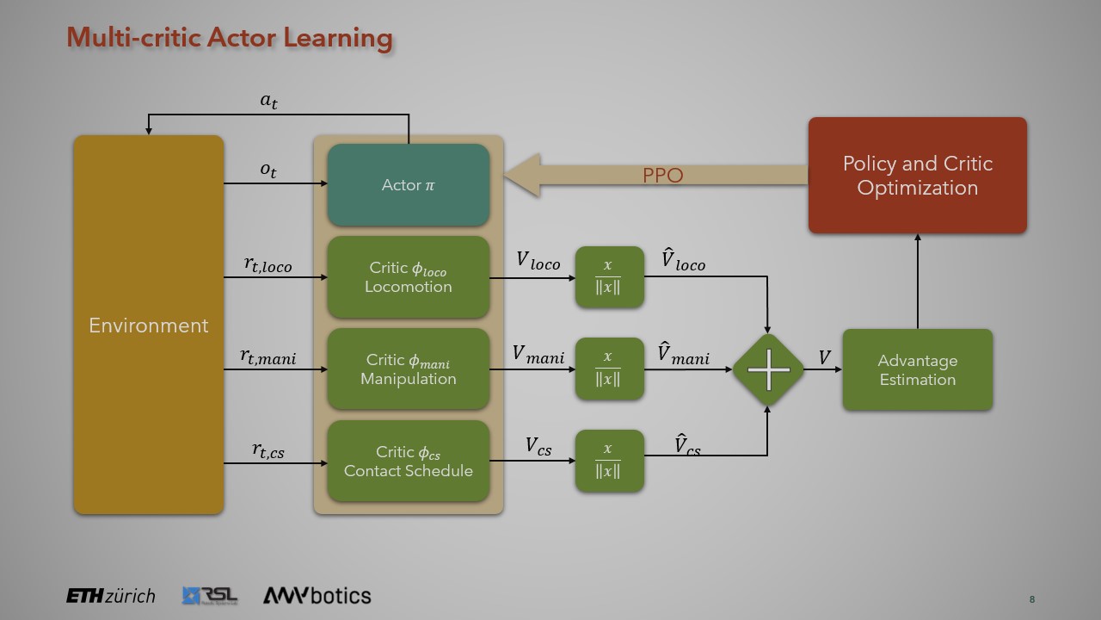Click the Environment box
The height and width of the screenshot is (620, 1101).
[x=148, y=325]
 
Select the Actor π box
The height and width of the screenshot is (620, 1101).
[x=408, y=185]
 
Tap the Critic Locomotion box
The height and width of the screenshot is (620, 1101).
[x=408, y=277]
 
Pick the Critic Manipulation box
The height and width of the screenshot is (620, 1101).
[x=408, y=369]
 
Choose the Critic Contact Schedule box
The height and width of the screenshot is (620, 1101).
[x=408, y=462]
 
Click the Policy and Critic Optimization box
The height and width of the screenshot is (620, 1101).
[x=917, y=176]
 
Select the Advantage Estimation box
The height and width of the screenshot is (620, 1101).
[x=917, y=369]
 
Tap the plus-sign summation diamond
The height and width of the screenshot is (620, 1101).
[x=767, y=369]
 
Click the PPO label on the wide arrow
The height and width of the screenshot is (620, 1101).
[x=662, y=176]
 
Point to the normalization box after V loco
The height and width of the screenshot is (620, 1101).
[x=609, y=277]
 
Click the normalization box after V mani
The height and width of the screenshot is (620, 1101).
[x=609, y=369]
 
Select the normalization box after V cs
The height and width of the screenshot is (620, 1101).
[x=609, y=462]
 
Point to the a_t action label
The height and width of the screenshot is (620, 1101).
[x=269, y=102]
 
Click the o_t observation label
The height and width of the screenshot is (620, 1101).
[x=268, y=170]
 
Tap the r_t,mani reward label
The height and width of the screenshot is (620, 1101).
[x=268, y=356]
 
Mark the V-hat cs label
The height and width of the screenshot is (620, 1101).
[x=686, y=445]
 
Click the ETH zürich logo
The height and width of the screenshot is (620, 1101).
[x=111, y=596]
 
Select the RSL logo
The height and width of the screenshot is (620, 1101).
[x=210, y=595]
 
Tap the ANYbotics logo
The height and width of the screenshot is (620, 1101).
[x=317, y=595]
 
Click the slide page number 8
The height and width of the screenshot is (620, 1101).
[x=1031, y=599]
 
